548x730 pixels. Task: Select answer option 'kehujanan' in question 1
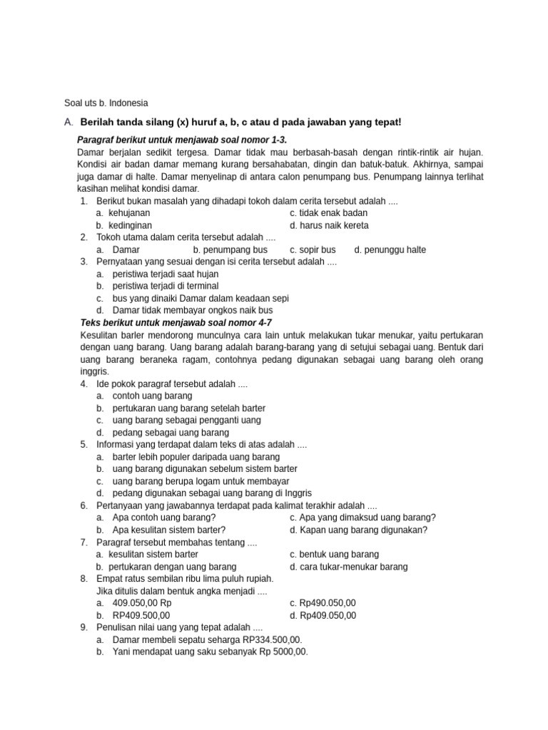click(x=129, y=213)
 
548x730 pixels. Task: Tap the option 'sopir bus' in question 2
click(x=318, y=250)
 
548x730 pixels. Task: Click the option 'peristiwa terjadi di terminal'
click(x=166, y=286)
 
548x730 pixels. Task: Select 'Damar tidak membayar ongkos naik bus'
click(x=193, y=310)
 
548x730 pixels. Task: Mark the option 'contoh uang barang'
click(x=153, y=396)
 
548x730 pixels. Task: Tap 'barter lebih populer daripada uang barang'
click(x=196, y=456)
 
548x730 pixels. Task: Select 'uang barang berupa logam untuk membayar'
click(x=196, y=480)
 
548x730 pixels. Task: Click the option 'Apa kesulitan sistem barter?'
click(x=169, y=530)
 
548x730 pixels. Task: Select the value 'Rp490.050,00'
click(x=328, y=603)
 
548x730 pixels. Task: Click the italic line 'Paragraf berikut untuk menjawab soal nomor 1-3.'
click(x=182, y=140)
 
